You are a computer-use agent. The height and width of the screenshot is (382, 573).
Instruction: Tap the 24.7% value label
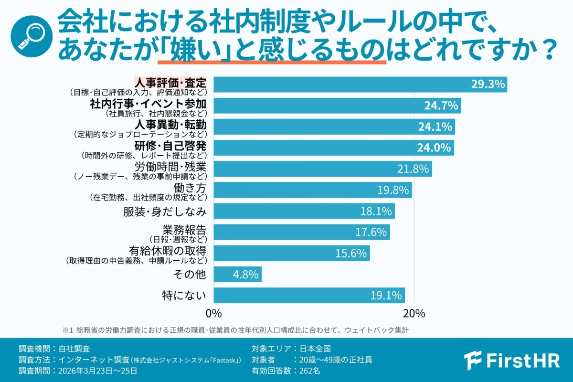click(x=442, y=106)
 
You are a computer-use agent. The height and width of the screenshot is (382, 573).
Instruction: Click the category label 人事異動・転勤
click(x=170, y=125)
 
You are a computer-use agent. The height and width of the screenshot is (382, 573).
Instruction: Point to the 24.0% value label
click(x=434, y=148)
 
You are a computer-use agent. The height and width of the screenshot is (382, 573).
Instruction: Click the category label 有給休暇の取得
click(x=168, y=251)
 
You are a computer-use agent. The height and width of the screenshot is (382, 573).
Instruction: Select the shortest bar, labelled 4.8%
click(x=237, y=275)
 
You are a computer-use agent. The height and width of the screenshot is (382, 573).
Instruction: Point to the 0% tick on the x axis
click(x=213, y=313)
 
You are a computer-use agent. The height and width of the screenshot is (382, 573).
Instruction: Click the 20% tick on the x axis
click(x=414, y=313)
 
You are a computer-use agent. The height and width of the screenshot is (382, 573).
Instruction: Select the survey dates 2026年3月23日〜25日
click(x=97, y=370)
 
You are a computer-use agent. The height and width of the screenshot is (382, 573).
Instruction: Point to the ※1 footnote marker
click(x=66, y=330)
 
